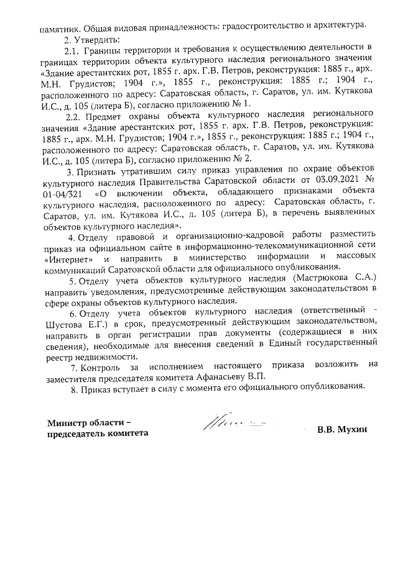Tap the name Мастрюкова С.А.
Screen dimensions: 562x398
[x=335, y=280]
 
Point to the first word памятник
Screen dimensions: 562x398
[x=60, y=27]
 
